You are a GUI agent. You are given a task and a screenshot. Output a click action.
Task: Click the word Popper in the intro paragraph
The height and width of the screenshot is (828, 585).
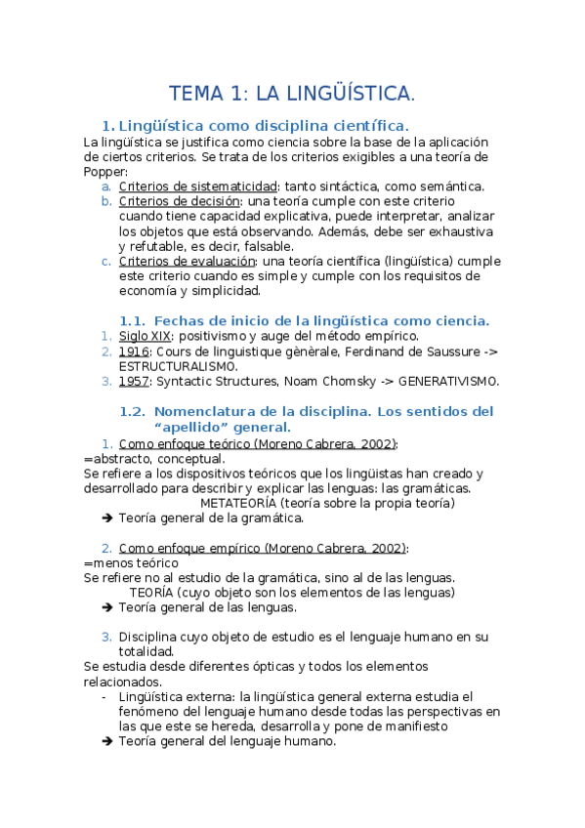[105, 172]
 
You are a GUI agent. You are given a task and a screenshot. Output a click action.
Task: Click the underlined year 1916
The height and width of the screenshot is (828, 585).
[134, 351]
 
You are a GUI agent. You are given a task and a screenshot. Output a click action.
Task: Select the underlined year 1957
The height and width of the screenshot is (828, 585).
[134, 381]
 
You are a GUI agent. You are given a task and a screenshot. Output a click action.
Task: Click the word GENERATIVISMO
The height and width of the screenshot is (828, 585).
[448, 381]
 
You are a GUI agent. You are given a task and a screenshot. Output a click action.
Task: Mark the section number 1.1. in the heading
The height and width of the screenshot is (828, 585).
[132, 320]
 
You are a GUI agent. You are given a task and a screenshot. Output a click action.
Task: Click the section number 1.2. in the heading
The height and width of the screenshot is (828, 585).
[132, 411]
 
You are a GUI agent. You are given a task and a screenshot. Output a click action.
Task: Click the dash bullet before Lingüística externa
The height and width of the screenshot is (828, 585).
[104, 697]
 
